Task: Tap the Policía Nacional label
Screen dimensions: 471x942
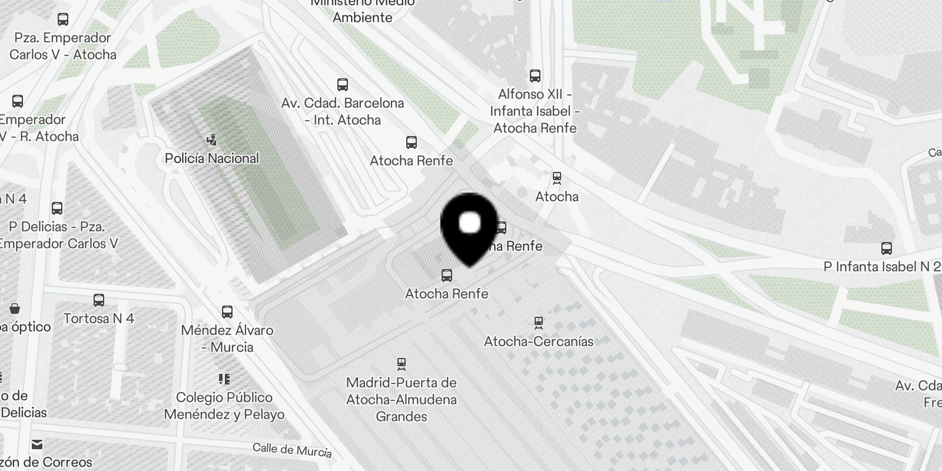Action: tap(212, 158)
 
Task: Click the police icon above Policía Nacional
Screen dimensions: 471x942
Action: tap(212, 140)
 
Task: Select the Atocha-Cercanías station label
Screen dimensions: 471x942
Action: tap(538, 341)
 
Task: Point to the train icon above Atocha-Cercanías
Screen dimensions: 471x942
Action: tap(538, 323)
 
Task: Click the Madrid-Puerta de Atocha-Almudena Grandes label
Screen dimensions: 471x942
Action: tap(402, 399)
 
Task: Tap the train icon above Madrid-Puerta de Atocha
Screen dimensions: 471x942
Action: tap(402, 364)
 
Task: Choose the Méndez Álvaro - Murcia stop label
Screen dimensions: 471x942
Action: tap(227, 339)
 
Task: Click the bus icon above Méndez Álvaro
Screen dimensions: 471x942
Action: tap(227, 311)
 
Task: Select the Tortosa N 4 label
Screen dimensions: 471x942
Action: tap(99, 319)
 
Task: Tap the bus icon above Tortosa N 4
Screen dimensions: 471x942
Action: tap(99, 300)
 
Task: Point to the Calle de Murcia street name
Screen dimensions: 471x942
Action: tap(292, 450)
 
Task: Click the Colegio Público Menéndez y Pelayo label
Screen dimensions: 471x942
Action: tap(224, 406)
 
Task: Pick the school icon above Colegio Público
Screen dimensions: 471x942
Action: tap(224, 379)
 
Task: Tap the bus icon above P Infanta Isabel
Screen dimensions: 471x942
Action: tap(887, 248)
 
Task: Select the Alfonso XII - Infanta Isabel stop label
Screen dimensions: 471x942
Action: tap(535, 111)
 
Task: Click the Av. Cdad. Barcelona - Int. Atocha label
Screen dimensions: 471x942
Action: tap(343, 111)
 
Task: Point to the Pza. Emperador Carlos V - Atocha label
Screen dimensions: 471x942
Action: tap(63, 46)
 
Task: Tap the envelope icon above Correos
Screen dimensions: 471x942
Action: tap(37, 444)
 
